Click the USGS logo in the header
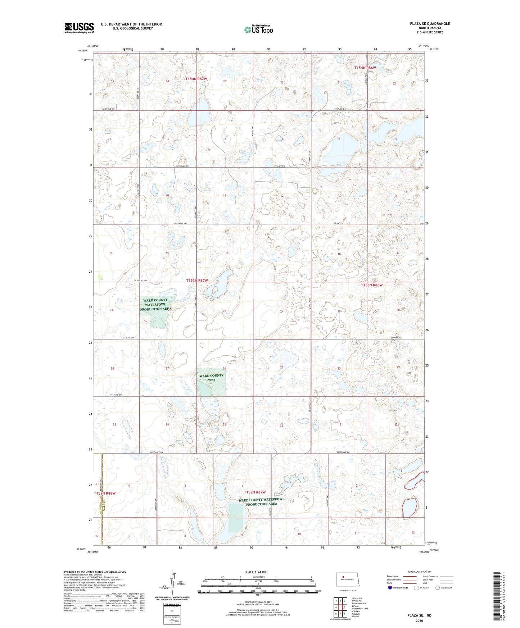tap(79, 28)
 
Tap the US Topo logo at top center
tap(258, 29)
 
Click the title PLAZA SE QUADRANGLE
tap(430, 24)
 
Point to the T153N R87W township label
tap(197, 280)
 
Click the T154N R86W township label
tap(365, 68)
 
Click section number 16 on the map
tap(111, 253)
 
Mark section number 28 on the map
tap(112, 368)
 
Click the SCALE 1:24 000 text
tap(256, 572)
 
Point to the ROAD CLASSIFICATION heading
tap(419, 572)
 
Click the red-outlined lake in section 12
tap(410, 508)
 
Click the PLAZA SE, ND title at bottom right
tap(419, 615)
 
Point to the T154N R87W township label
tap(196, 78)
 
